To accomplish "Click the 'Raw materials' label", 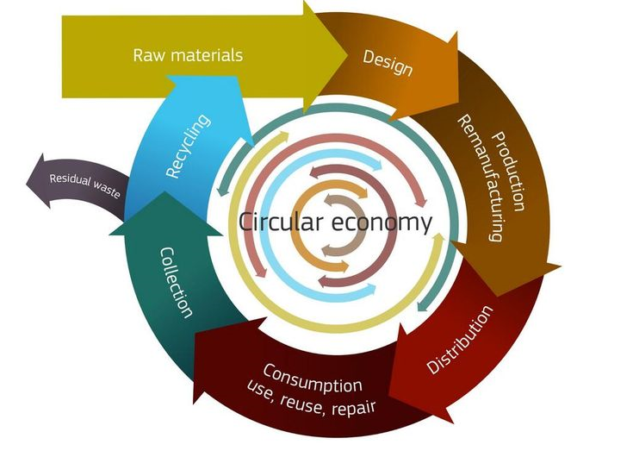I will tap(188, 55).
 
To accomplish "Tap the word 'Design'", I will tap(387, 61).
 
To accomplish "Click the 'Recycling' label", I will tap(187, 147).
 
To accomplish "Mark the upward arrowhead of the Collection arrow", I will tap(164, 194).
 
